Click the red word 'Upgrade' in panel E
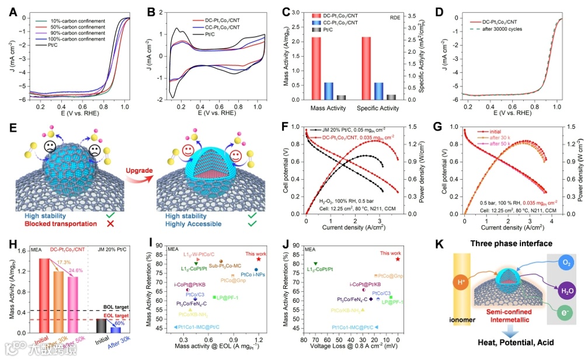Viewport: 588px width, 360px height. click(126, 170)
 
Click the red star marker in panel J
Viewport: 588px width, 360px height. click(398, 258)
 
